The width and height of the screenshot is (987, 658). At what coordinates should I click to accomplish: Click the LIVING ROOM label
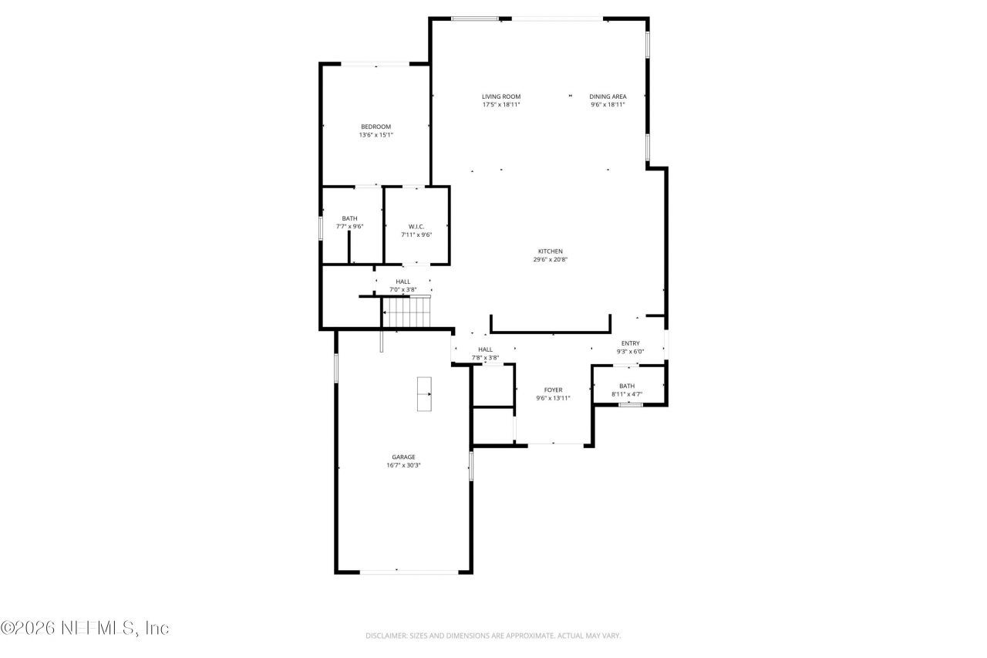click(501, 96)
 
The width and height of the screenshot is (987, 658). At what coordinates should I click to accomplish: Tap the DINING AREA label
click(608, 96)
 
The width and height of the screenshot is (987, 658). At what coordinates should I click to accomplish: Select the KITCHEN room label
click(550, 251)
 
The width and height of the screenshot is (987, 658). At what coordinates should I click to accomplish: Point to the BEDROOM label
click(376, 127)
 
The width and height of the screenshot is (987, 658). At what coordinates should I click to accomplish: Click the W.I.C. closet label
click(416, 226)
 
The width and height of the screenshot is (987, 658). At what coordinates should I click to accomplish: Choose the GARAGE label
click(403, 457)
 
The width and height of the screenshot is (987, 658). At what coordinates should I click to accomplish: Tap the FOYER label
click(553, 390)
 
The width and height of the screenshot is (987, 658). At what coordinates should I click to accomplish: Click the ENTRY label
click(630, 343)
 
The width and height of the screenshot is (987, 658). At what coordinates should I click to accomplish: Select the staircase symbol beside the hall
click(406, 312)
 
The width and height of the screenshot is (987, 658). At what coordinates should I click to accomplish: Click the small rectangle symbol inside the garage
click(424, 394)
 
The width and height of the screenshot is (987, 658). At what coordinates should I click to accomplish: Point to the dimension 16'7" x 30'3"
click(403, 465)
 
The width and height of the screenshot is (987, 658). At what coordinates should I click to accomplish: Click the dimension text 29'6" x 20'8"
click(550, 259)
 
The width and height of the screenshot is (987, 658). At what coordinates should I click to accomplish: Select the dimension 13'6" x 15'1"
click(376, 135)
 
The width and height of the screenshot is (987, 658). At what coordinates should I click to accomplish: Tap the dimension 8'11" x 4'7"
click(627, 394)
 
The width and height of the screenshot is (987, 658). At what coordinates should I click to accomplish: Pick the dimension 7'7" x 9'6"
click(349, 227)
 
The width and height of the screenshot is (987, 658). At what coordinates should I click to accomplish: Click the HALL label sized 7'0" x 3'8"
click(403, 282)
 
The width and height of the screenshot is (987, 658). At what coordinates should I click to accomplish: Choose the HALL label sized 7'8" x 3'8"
click(485, 349)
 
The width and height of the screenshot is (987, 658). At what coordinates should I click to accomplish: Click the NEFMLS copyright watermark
click(85, 629)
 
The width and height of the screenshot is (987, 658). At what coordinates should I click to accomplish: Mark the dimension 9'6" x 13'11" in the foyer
click(553, 399)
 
